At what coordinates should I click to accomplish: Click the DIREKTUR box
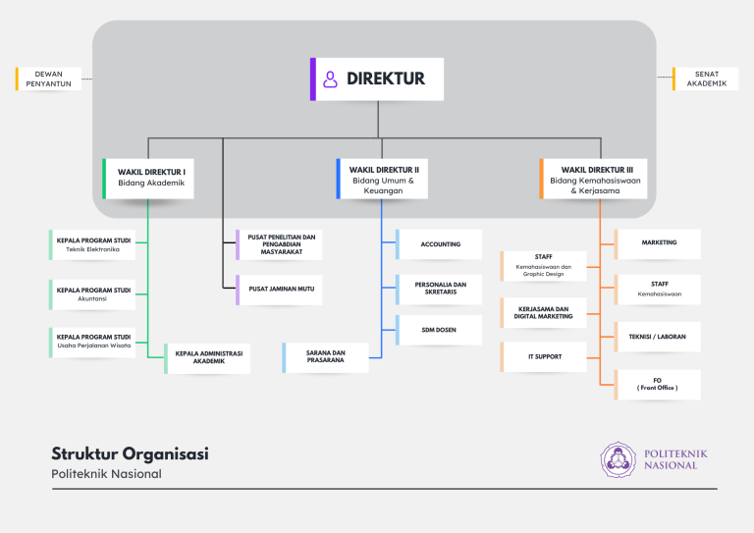[x=377, y=80]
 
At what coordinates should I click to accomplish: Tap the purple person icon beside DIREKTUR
[x=330, y=80]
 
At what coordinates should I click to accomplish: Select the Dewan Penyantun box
[x=48, y=79]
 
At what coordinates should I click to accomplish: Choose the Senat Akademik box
[x=705, y=79]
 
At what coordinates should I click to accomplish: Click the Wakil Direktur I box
[x=148, y=179]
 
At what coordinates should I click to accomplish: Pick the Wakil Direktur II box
[x=382, y=179]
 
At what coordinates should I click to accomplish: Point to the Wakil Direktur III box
[x=593, y=179]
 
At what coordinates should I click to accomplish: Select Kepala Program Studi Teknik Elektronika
[x=92, y=244]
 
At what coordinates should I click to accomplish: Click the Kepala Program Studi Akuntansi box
[x=92, y=294]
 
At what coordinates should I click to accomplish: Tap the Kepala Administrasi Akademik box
[x=207, y=358]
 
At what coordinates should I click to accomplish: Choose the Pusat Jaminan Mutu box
[x=279, y=290]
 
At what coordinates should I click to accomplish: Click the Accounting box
[x=439, y=244]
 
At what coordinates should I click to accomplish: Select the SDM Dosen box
[x=439, y=330]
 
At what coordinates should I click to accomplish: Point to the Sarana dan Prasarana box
[x=326, y=357]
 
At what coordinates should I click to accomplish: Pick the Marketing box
[x=658, y=244]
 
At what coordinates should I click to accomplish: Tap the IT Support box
[x=543, y=357]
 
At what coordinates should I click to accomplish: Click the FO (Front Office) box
[x=658, y=385]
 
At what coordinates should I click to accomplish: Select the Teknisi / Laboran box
[x=658, y=337]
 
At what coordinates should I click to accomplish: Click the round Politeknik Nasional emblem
[x=618, y=460]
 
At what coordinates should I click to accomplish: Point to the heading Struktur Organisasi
[x=130, y=454]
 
